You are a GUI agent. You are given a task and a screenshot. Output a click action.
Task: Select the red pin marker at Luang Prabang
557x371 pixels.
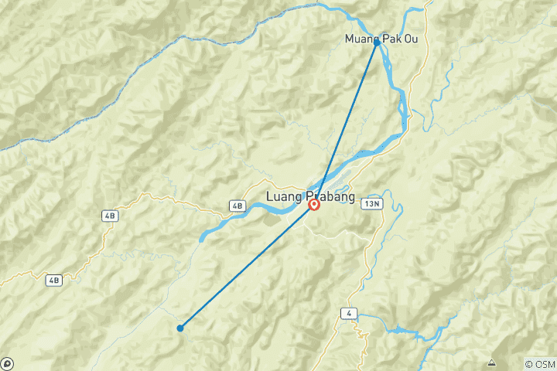coord(314,205)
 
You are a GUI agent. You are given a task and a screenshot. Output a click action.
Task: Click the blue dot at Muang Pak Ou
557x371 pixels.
coord(377,43)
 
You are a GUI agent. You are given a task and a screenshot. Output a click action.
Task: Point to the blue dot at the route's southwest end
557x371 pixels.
coord(180,328)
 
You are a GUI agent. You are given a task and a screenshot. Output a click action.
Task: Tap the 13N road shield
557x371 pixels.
coord(372,203)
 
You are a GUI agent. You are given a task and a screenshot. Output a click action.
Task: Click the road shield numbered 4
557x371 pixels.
coord(350,312)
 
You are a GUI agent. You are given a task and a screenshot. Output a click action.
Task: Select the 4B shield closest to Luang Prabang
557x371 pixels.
coord(237,206)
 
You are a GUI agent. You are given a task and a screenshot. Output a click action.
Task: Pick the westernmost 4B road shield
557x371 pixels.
coord(53,280)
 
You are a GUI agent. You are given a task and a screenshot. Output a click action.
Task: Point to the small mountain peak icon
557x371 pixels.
coord(491,362)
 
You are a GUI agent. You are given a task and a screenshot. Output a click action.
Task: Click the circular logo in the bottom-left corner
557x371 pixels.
coord(7,363)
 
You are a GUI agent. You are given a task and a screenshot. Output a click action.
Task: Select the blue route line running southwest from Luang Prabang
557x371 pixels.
coord(248,266)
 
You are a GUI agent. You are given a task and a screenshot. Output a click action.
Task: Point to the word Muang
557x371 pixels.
coord(362,39)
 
